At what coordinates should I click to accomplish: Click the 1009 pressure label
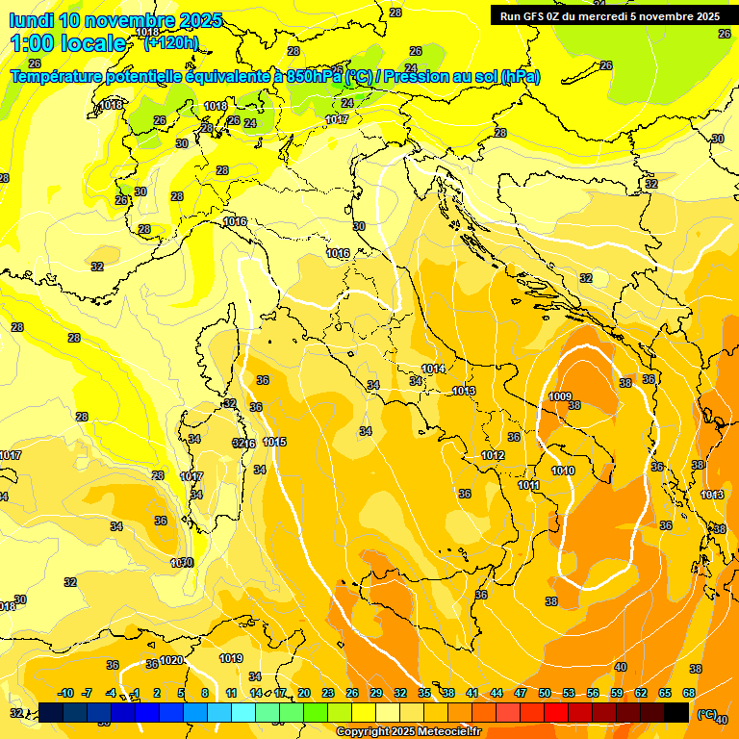click(560, 396)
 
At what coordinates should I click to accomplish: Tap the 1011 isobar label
click(528, 486)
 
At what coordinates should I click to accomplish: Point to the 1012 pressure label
click(494, 455)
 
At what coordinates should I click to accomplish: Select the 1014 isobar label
click(433, 369)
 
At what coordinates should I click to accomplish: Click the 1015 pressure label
click(274, 442)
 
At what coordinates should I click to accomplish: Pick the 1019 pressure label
click(230, 658)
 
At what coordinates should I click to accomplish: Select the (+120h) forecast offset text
click(170, 43)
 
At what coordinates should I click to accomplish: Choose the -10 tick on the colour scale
click(65, 693)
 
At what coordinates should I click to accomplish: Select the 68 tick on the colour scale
click(689, 693)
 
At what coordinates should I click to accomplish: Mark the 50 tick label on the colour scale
click(545, 693)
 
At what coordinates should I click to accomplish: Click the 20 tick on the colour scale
click(304, 693)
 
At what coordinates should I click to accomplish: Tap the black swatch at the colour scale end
click(676, 712)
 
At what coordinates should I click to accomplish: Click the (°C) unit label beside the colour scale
click(706, 714)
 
